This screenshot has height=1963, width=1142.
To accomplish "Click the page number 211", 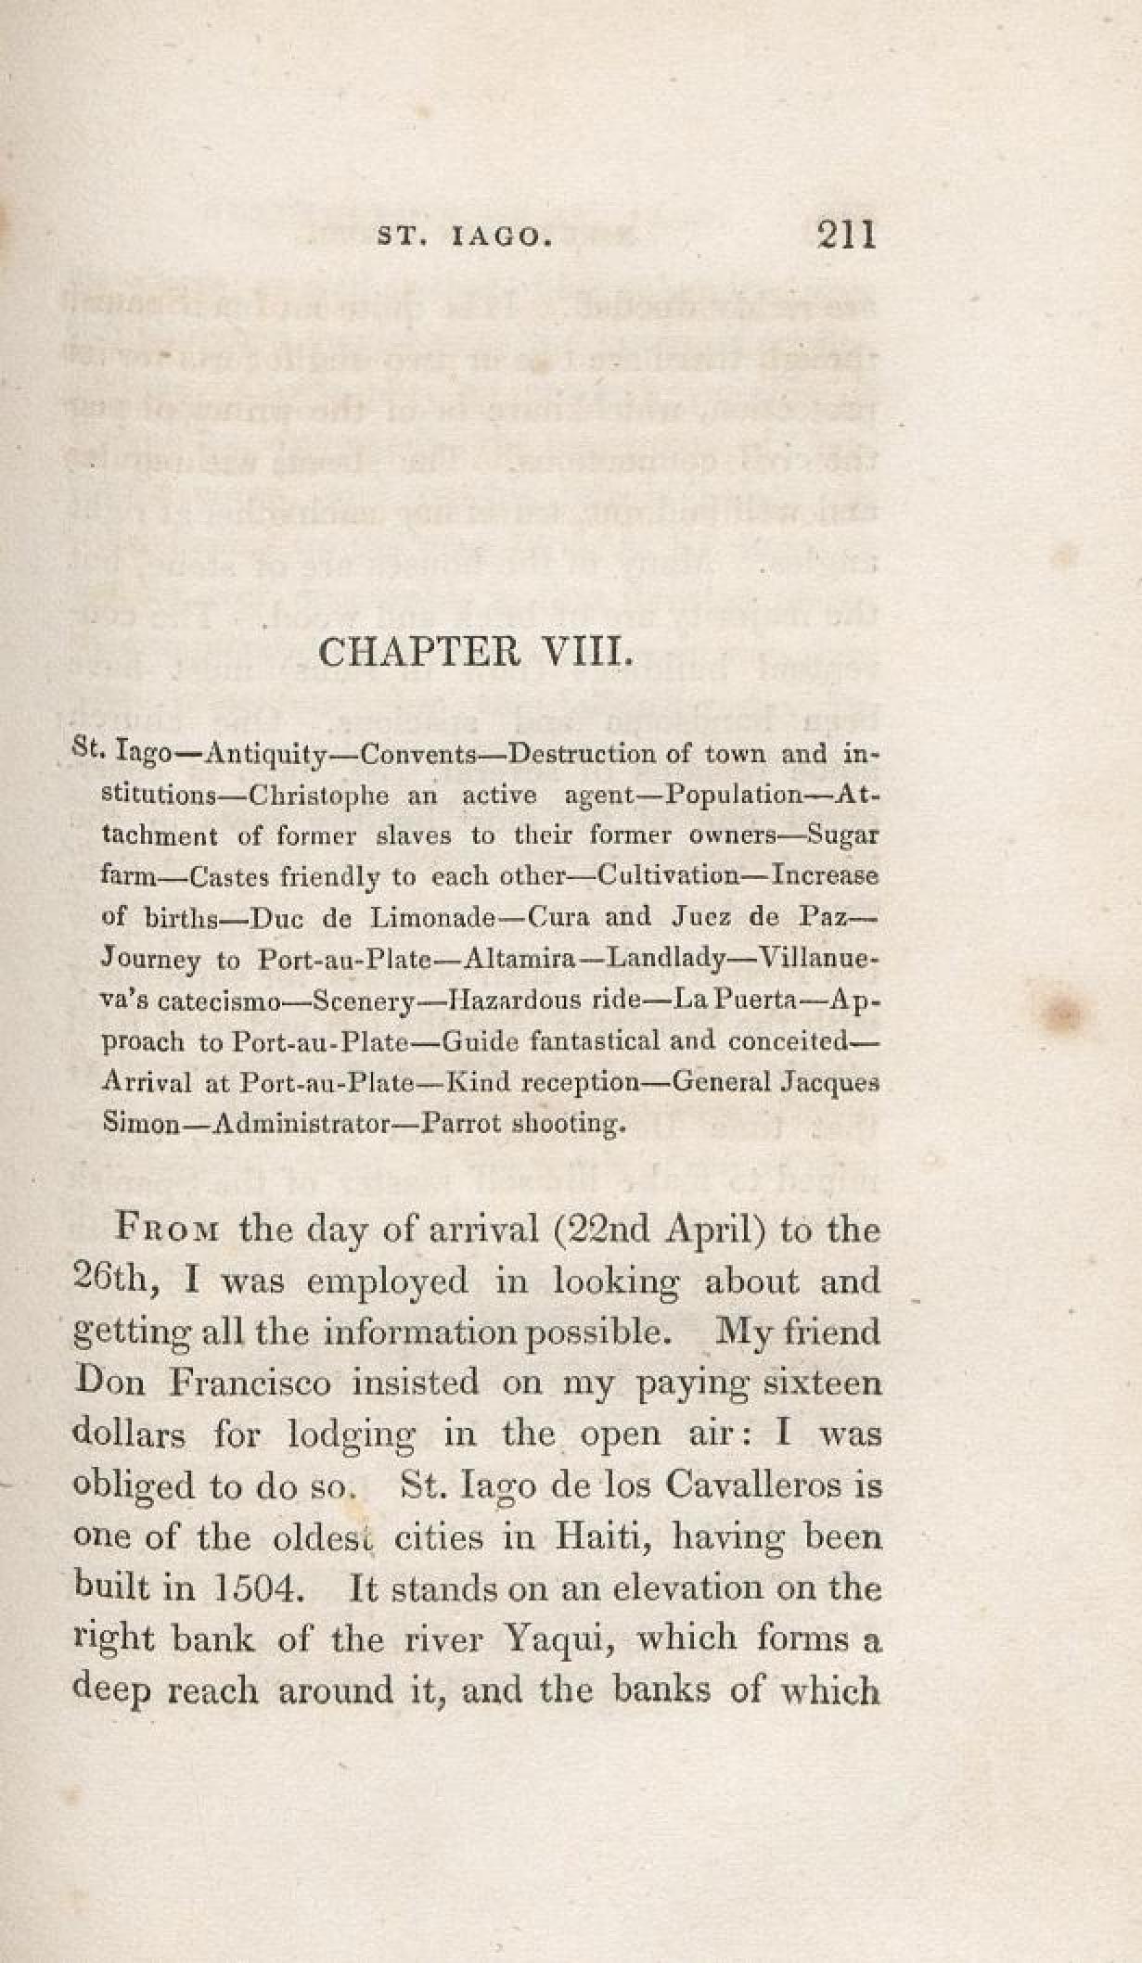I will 845,234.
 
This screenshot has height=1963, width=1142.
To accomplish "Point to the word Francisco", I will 250,1383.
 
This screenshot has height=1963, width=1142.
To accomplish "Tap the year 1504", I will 260,1588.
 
